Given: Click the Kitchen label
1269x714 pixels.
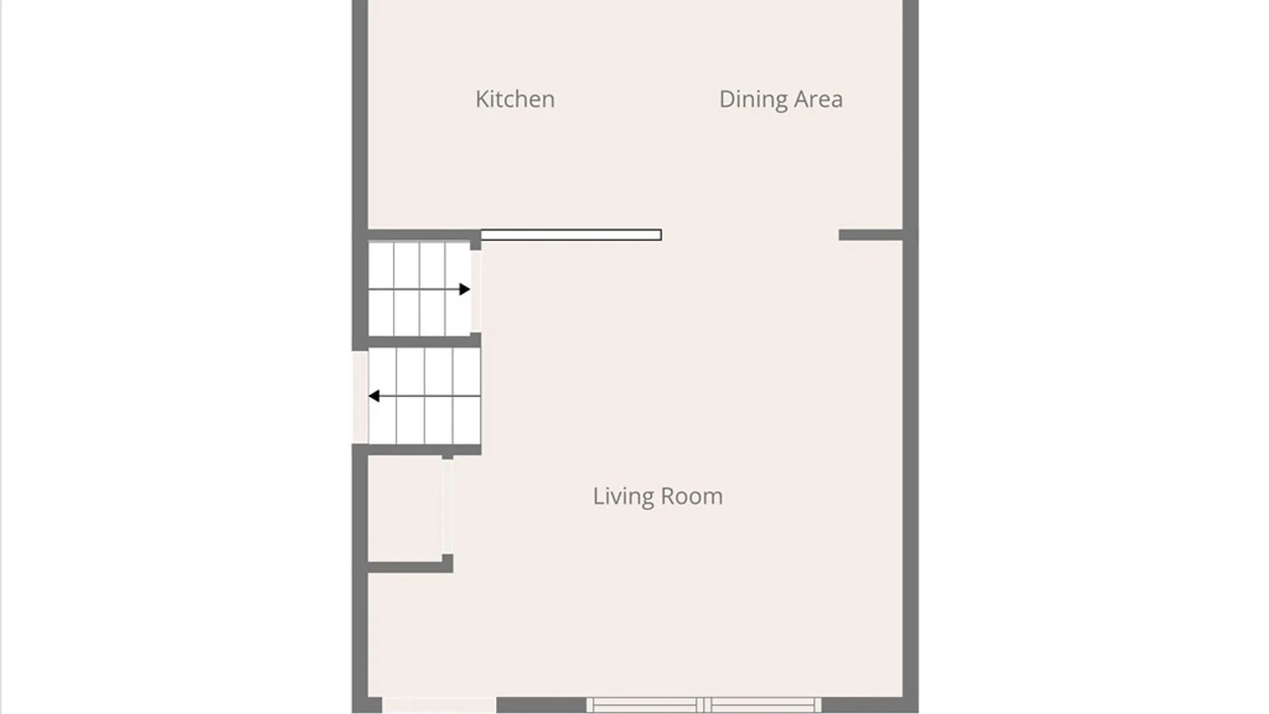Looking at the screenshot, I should coord(515,99).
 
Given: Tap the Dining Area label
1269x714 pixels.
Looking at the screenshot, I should coord(781,99).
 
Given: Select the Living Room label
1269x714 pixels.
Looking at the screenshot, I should coord(658,496).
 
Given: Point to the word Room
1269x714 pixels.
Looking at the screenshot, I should coord(692,496).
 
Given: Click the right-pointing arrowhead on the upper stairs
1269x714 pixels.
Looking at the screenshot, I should coord(465,289).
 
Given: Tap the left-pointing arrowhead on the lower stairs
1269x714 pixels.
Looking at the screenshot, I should coord(374,396).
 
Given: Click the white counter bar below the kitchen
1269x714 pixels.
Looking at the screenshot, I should coord(570,235).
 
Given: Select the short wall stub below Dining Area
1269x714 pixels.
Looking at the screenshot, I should coord(870,235).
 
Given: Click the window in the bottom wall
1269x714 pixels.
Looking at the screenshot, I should coord(704,705).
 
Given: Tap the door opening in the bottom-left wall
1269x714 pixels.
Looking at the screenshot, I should coord(440,705).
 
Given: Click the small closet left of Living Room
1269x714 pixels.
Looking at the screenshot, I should coord(404,509).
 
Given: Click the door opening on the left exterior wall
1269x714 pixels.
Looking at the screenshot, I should coord(360,397).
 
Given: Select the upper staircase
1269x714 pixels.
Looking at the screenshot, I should coord(419,289).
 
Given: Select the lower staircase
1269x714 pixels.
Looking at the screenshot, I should coord(424,396).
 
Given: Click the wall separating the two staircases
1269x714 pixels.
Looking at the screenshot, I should coord(423,341).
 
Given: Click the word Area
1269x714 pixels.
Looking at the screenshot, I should coord(818,99).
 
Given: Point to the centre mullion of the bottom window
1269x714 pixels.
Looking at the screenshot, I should coord(704,705).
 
